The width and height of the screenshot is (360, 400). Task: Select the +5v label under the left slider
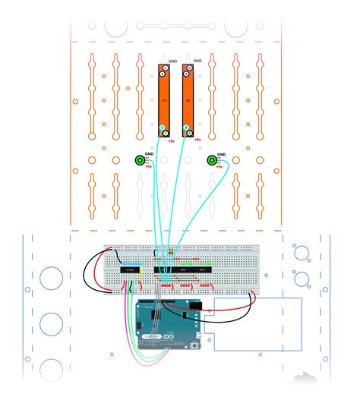tap(172, 141)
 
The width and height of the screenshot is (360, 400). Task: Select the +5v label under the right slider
tap(197, 140)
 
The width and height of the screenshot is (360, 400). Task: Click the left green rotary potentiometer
tap(140, 160)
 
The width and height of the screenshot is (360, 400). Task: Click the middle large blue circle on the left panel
tap(50, 323)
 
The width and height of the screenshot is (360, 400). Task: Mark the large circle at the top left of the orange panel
tap(115, 28)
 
